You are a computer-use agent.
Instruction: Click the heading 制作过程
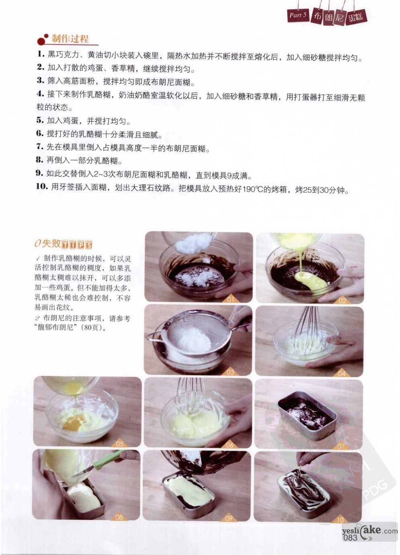click(x=70, y=39)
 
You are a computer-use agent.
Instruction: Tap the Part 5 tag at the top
click(x=298, y=15)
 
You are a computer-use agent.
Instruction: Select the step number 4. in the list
click(x=40, y=94)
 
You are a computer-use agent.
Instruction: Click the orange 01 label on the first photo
click(x=230, y=299)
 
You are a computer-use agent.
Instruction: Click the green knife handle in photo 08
click(x=105, y=461)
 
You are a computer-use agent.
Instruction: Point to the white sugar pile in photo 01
click(x=195, y=242)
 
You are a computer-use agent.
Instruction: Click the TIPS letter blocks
click(x=77, y=244)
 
